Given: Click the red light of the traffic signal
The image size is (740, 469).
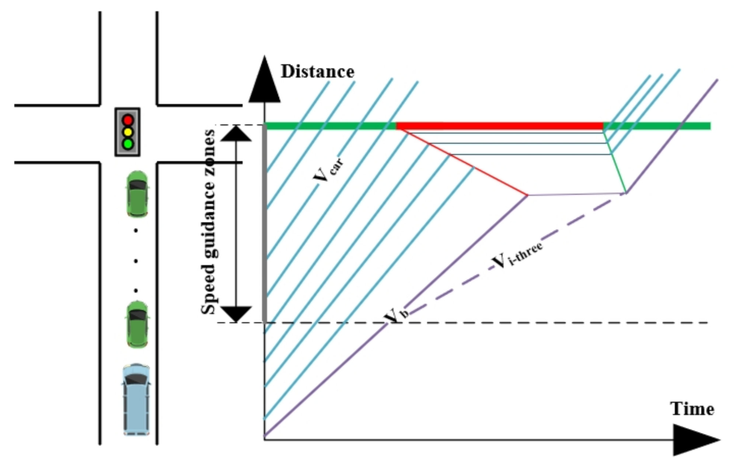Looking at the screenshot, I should pos(128,120).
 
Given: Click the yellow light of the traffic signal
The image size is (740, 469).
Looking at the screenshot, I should pos(128,132).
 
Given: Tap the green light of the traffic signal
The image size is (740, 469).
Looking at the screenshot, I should pos(128,144).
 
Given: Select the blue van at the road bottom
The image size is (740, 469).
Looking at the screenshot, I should pos(137,399).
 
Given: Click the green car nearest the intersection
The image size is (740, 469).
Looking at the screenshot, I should pos(137,194).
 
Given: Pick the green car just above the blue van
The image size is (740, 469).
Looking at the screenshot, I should pos(137,324).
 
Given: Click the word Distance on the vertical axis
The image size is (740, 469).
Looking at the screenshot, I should pos(317,71).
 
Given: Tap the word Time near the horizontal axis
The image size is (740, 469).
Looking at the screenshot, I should pos(692,409).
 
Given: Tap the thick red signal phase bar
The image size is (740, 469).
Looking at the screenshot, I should pos(499,126).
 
